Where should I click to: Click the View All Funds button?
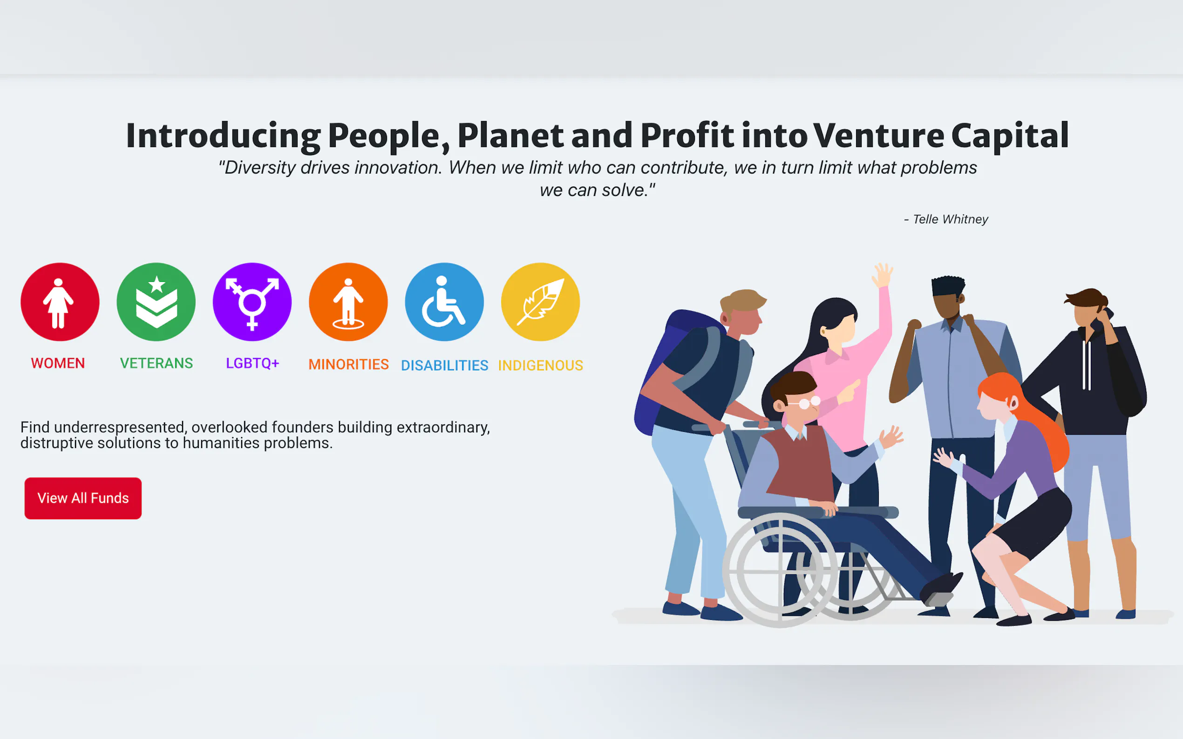(83, 498)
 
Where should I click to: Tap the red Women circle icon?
(60, 302)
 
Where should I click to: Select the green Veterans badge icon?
(156, 302)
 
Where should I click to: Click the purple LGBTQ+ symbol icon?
(252, 302)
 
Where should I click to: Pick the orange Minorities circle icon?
(348, 302)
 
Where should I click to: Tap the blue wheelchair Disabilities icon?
(444, 302)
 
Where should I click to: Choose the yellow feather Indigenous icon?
(540, 302)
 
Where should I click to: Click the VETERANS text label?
(156, 363)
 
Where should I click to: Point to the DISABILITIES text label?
(444, 365)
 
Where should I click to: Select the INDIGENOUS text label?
(540, 365)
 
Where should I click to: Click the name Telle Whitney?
(950, 219)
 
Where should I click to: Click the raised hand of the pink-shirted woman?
(883, 275)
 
